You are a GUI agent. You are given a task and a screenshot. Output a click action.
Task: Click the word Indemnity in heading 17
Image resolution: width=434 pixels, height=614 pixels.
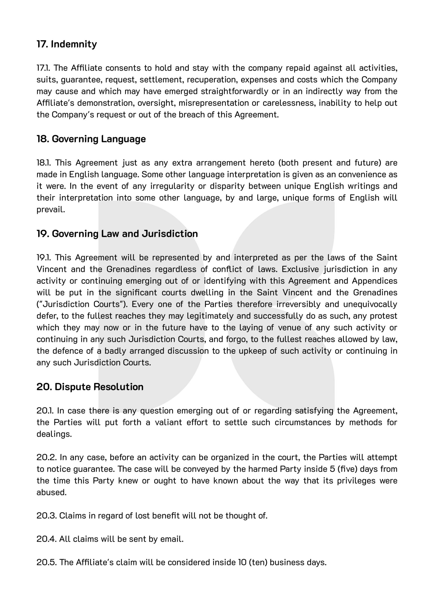74,44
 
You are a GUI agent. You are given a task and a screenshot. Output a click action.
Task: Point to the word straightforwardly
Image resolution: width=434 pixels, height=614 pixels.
234,91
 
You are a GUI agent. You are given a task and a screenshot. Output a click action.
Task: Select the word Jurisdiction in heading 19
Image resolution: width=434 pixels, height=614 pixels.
170,234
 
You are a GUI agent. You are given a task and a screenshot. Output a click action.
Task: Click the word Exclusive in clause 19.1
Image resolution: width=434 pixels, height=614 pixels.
300,269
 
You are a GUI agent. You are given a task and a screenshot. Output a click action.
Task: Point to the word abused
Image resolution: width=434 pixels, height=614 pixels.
51,492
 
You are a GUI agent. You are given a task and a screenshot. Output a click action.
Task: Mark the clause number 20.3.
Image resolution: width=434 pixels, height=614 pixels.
46,516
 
